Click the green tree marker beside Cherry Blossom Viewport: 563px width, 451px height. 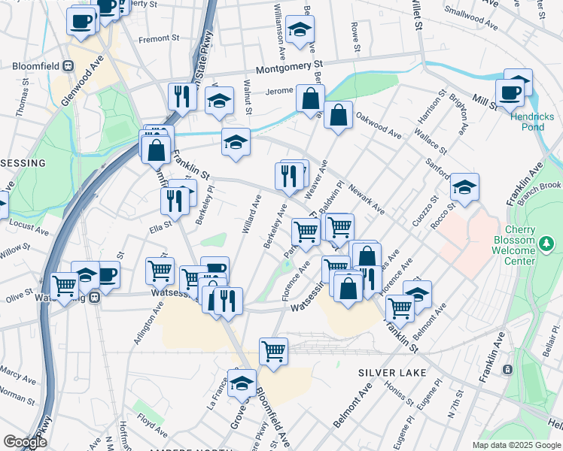click(x=546, y=244)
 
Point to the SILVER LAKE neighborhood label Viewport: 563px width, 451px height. click(x=392, y=373)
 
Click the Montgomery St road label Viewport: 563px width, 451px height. click(x=289, y=68)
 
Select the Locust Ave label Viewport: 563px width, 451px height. click(x=25, y=225)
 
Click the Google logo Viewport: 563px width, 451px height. click(x=25, y=442)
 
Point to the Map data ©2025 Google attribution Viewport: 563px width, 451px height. click(x=515, y=445)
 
